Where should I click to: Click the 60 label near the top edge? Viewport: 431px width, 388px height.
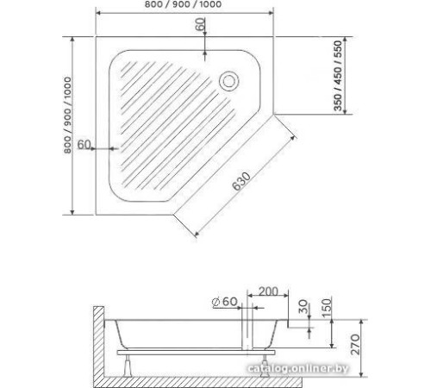(201, 27)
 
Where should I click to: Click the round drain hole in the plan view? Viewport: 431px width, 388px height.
(230, 82)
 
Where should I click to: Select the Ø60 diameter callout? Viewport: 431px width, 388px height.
(222, 301)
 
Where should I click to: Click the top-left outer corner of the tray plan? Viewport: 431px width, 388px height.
(96, 38)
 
